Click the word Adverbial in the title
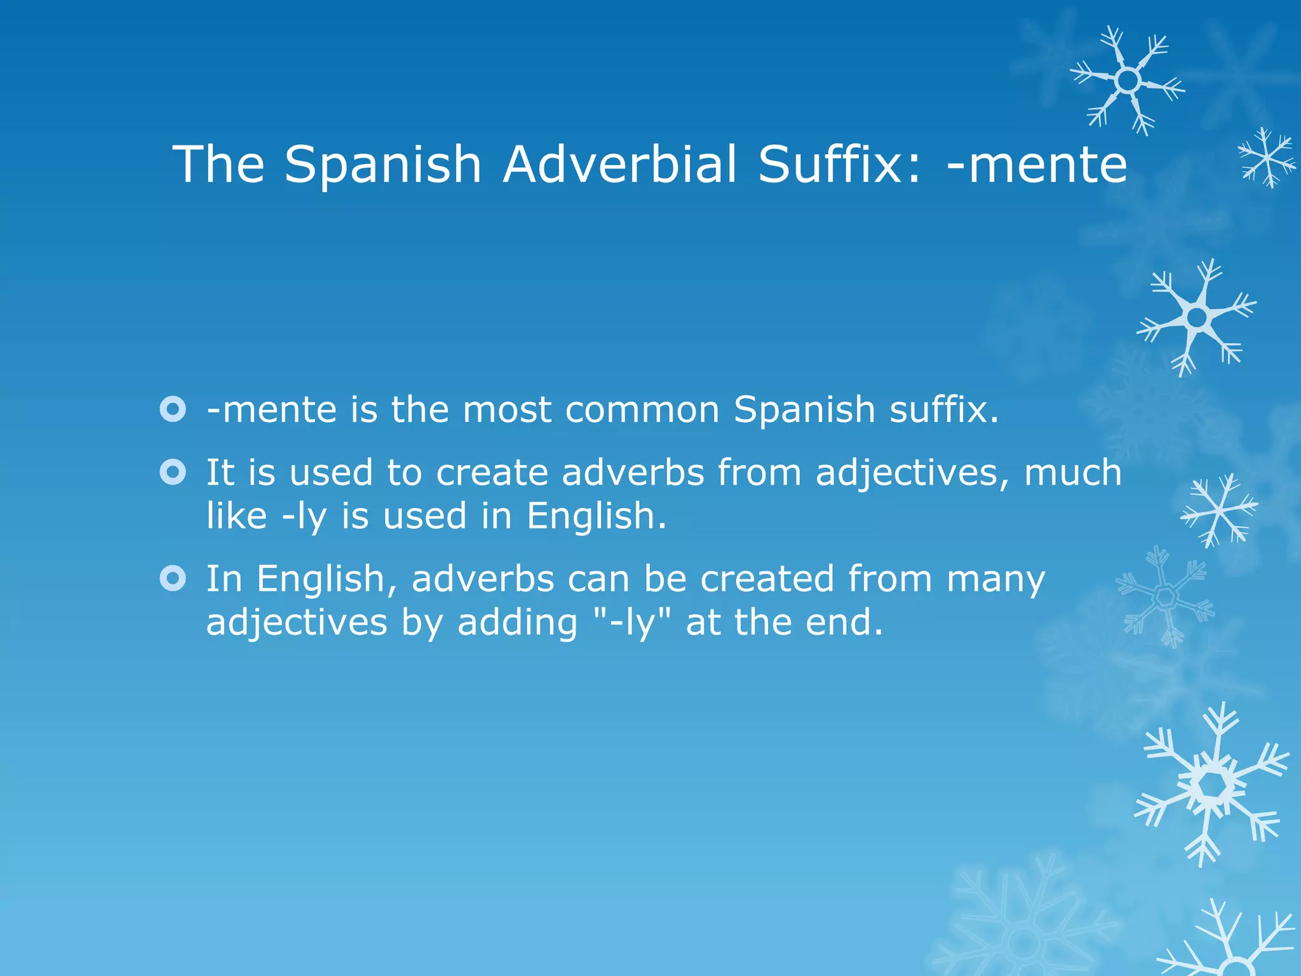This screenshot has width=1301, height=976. coord(619,164)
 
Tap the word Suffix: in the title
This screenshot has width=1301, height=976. coord(839,164)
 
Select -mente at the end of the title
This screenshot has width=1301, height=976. coord(1037,164)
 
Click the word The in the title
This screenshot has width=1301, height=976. coord(218,164)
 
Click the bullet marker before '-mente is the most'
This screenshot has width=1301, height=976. coord(173,409)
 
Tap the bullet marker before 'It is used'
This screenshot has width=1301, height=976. coord(173,472)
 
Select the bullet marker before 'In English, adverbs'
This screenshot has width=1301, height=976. coord(173,578)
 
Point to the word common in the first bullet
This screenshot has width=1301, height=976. coord(642,410)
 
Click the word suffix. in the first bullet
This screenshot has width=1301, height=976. coord(944,410)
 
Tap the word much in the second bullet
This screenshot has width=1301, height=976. coord(1073,473)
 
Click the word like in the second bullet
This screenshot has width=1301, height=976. coord(236,515)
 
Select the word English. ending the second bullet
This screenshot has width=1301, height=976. coord(597,515)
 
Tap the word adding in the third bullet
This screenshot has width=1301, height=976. coord(517,623)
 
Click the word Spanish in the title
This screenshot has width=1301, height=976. coord(382,164)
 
